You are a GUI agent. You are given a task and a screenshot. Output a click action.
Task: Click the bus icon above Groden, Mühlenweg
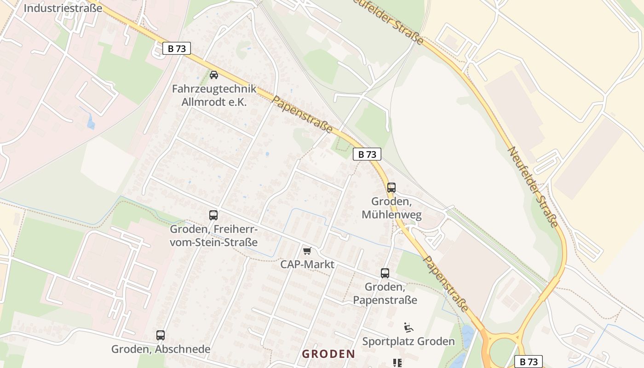coord(391,188)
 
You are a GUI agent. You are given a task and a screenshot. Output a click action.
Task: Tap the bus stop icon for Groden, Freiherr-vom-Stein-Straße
coord(213,215)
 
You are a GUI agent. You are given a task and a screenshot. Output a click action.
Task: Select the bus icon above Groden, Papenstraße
coord(385,273)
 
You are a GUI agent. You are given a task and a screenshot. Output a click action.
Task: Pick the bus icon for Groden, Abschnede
coord(161,335)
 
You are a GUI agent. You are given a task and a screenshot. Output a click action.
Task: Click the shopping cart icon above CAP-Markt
coord(307,251)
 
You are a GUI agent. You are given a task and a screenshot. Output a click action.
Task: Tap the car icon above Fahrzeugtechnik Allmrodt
coord(214,75)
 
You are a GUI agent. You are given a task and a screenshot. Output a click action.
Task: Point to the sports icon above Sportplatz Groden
coord(408,328)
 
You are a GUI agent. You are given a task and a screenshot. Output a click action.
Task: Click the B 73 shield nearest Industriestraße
coord(177,48)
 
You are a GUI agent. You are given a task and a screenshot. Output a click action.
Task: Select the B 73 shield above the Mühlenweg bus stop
coord(367,154)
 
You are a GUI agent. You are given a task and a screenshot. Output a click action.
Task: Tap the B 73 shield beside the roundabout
coord(529,362)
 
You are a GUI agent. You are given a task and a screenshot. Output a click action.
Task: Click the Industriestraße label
coord(63,8)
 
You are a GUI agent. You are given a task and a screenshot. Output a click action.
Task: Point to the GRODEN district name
coord(328,354)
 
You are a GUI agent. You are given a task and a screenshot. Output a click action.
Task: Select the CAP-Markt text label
coord(307,264)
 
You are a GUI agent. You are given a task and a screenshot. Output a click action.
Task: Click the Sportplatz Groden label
coord(408,341)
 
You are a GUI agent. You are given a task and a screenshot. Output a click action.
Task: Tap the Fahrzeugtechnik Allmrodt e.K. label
coord(214,95)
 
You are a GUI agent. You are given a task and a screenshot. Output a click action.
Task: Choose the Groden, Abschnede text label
coord(161,349)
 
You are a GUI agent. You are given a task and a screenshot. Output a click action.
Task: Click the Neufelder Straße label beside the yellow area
coord(533,187)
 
